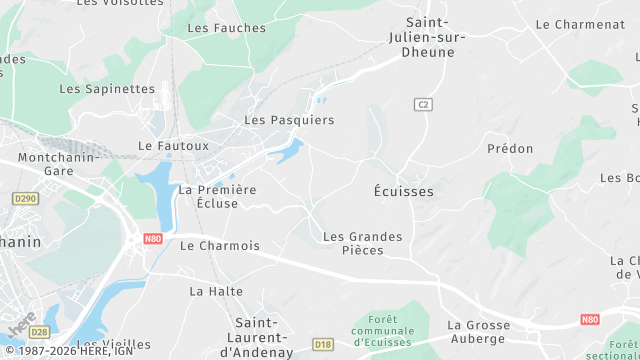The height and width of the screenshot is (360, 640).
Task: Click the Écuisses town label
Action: click(x=403, y=190)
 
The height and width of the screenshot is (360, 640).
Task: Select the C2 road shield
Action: click(x=424, y=104)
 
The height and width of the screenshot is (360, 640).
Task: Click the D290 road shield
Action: click(x=25, y=199)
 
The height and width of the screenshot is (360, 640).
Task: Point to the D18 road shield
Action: click(x=322, y=345)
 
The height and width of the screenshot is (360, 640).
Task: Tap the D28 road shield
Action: click(x=39, y=331)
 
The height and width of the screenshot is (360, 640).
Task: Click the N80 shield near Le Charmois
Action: click(x=152, y=239)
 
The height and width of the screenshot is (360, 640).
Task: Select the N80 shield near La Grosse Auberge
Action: click(x=589, y=320)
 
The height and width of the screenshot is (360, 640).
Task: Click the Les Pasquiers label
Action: click(x=289, y=120)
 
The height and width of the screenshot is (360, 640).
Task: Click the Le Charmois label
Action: click(x=219, y=245)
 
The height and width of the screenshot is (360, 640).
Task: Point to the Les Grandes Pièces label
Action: click(x=362, y=243)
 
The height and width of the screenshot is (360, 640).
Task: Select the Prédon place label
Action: click(x=510, y=148)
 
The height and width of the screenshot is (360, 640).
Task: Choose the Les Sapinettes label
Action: click(x=107, y=88)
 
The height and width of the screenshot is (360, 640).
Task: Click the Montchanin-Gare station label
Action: click(x=57, y=164)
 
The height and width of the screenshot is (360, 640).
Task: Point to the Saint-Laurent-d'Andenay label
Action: click(x=263, y=337)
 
